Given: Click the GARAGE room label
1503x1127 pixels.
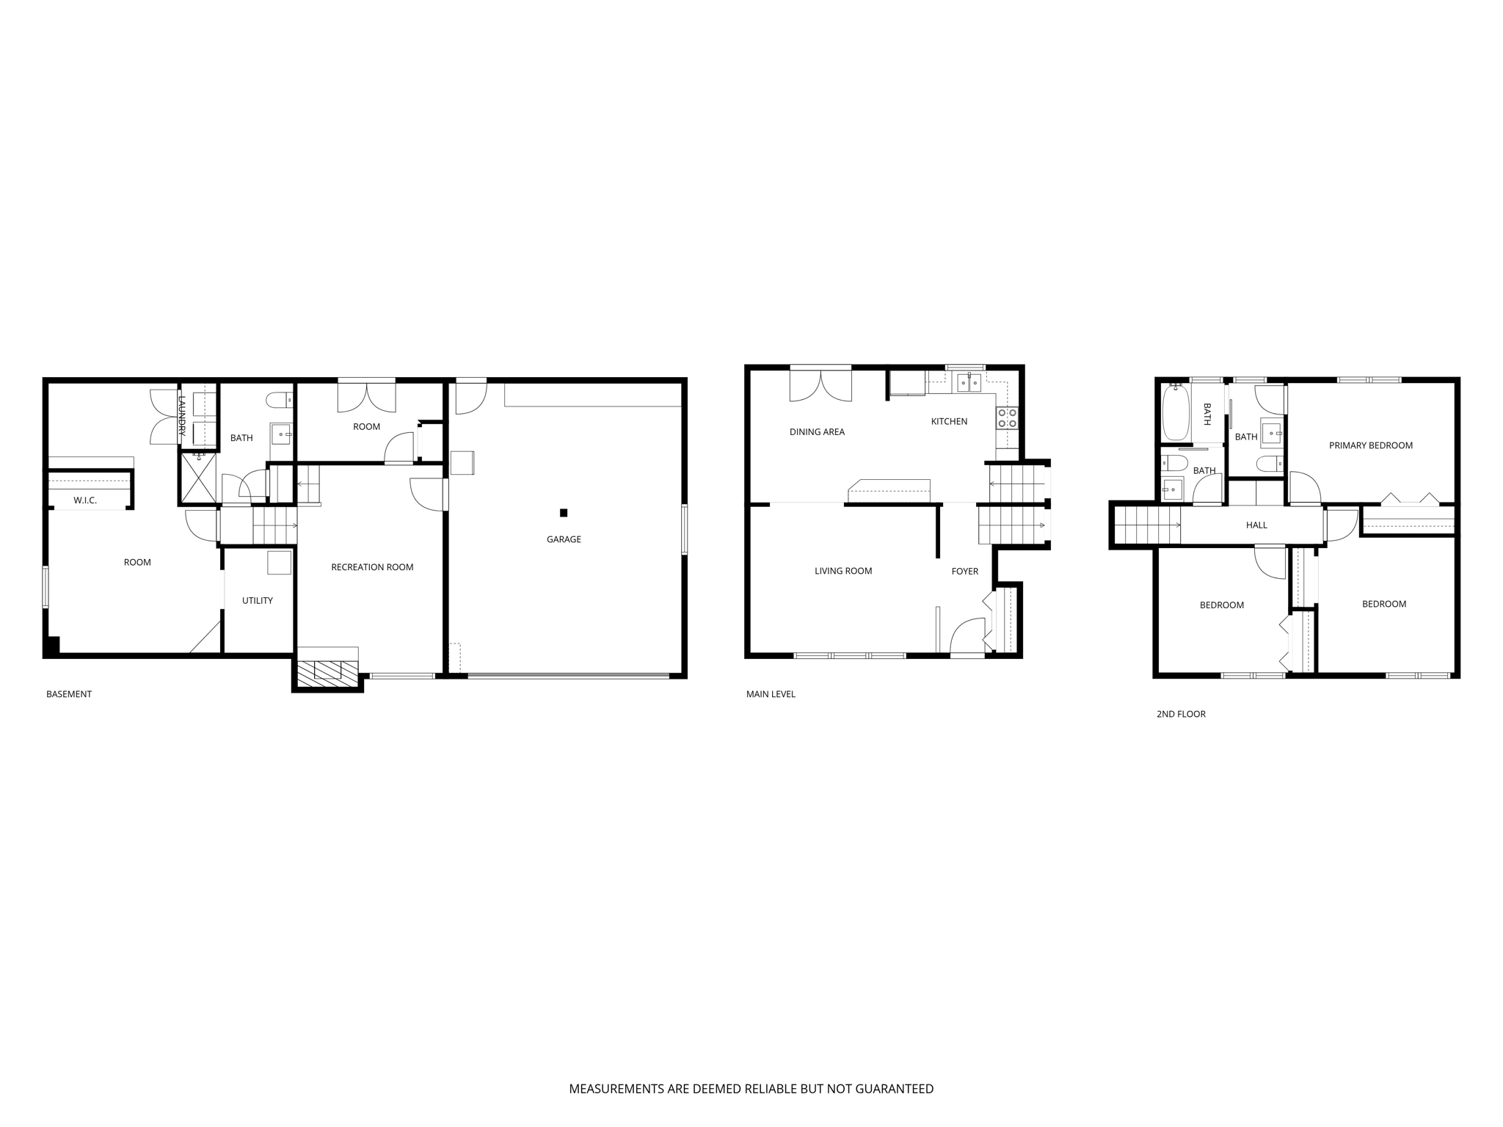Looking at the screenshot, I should pyautogui.click(x=564, y=539).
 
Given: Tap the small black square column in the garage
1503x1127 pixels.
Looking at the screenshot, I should pyautogui.click(x=564, y=513).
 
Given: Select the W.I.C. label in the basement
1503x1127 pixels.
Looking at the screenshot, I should pyautogui.click(x=85, y=500).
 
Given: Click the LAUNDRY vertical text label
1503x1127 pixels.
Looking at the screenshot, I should pyautogui.click(x=182, y=416).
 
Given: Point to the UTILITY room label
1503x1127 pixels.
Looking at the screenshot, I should pyautogui.click(x=258, y=600).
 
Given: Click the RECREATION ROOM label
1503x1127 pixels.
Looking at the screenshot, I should pyautogui.click(x=372, y=567).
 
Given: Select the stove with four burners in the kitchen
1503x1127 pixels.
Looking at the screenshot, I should pyautogui.click(x=1007, y=418).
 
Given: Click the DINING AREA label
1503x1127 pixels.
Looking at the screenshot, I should pyautogui.click(x=817, y=432).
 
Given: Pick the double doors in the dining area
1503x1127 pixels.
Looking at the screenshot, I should pyautogui.click(x=820, y=385).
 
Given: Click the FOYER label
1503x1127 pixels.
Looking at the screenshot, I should pyautogui.click(x=964, y=572).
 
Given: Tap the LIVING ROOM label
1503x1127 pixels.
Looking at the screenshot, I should pyautogui.click(x=843, y=571).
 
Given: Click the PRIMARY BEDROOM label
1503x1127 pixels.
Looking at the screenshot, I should pyautogui.click(x=1370, y=445).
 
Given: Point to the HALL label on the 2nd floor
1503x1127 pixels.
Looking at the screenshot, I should pyautogui.click(x=1256, y=525).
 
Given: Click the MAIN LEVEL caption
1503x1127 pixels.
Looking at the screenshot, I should pyautogui.click(x=771, y=694).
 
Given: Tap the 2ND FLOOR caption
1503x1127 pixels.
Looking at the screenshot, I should pyautogui.click(x=1181, y=714).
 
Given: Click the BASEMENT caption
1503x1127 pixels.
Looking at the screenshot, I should pyautogui.click(x=69, y=694).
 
